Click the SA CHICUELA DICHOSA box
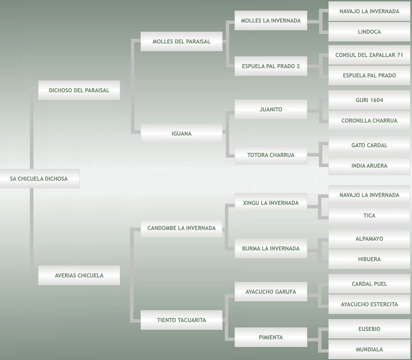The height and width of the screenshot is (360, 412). (39, 179)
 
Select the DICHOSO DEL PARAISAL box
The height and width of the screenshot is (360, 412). (79, 91)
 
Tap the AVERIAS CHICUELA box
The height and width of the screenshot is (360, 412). (79, 275)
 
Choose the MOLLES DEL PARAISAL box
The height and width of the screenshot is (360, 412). (181, 42)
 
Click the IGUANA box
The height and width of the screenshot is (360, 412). (181, 134)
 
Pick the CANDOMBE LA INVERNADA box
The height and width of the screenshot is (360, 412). (181, 228)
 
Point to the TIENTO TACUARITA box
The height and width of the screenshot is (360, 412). (181, 320)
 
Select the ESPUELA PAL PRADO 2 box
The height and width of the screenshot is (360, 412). (271, 66)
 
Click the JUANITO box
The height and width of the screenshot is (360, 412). (271, 109)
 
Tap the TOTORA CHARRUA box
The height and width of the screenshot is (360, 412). (271, 155)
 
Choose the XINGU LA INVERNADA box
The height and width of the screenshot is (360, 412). (271, 203)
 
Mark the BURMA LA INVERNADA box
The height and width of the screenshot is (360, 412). (271, 248)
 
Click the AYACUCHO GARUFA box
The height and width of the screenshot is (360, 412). (271, 292)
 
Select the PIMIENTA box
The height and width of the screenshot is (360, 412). (271, 338)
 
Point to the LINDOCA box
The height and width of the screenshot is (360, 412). (369, 32)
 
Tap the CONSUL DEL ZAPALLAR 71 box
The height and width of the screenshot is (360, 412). (369, 55)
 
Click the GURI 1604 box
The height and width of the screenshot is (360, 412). (369, 100)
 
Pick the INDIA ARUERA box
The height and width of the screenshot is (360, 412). (369, 166)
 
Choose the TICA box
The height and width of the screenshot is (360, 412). (369, 215)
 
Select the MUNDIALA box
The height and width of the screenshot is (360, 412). (369, 349)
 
